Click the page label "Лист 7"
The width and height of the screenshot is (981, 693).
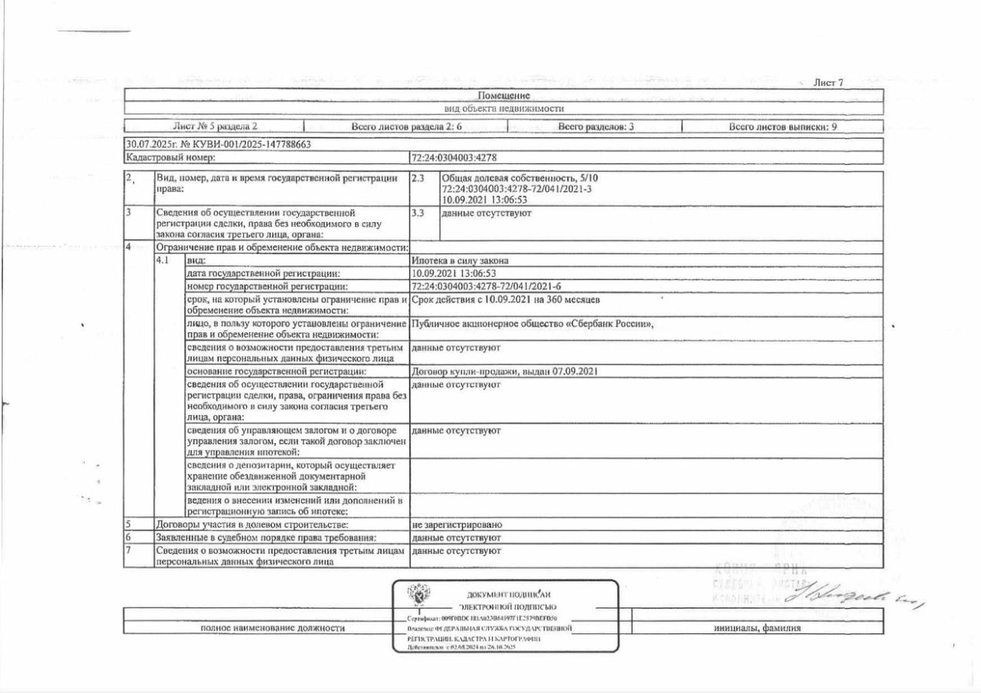(828, 83)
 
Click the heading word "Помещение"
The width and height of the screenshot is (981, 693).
(504, 96)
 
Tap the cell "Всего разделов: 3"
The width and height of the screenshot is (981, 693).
(595, 126)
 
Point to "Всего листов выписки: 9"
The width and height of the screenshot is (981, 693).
(782, 126)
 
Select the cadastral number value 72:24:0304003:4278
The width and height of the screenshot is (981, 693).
(454, 158)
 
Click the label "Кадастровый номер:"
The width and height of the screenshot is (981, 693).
(171, 158)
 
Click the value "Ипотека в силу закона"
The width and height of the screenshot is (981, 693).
(460, 260)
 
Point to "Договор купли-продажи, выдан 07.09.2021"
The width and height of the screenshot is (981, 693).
(504, 371)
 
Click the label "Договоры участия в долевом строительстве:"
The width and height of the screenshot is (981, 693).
(253, 525)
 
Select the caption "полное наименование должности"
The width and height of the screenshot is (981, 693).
(272, 629)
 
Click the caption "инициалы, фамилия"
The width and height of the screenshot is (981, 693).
(757, 629)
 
